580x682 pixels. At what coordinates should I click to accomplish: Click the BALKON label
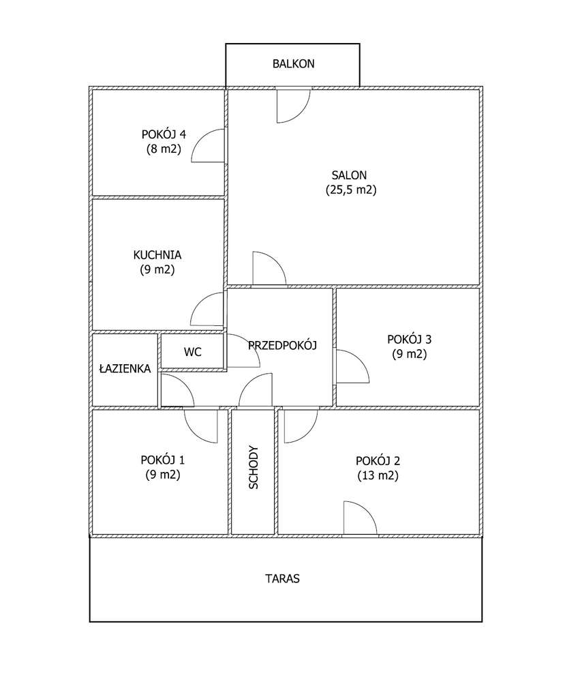coord(293,64)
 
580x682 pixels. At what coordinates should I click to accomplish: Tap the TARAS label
coord(282,579)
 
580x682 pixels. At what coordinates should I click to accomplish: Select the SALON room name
coord(350,175)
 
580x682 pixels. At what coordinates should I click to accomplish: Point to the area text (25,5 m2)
coord(350,190)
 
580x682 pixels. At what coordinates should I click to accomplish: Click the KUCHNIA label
coord(157,254)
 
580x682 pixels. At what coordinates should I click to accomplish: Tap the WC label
coord(192,353)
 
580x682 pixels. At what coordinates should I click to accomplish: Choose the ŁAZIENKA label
coord(125,368)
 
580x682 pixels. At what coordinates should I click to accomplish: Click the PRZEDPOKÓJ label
coord(283,345)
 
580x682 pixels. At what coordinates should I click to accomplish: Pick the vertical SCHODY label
coord(254,468)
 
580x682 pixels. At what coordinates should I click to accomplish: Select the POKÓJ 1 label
coord(162,459)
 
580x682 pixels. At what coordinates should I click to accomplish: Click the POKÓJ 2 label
coord(377,460)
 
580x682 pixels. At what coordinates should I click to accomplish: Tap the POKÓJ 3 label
coord(409,339)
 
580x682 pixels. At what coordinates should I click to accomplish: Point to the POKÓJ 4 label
coord(163,133)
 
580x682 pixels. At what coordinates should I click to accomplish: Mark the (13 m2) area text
coord(378,475)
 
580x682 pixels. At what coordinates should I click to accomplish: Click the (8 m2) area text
coord(163,148)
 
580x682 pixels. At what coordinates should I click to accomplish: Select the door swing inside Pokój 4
coord(209,147)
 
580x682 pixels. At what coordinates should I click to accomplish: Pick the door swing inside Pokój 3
coord(351,367)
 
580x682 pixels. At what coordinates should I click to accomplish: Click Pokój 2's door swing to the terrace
coord(359,518)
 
